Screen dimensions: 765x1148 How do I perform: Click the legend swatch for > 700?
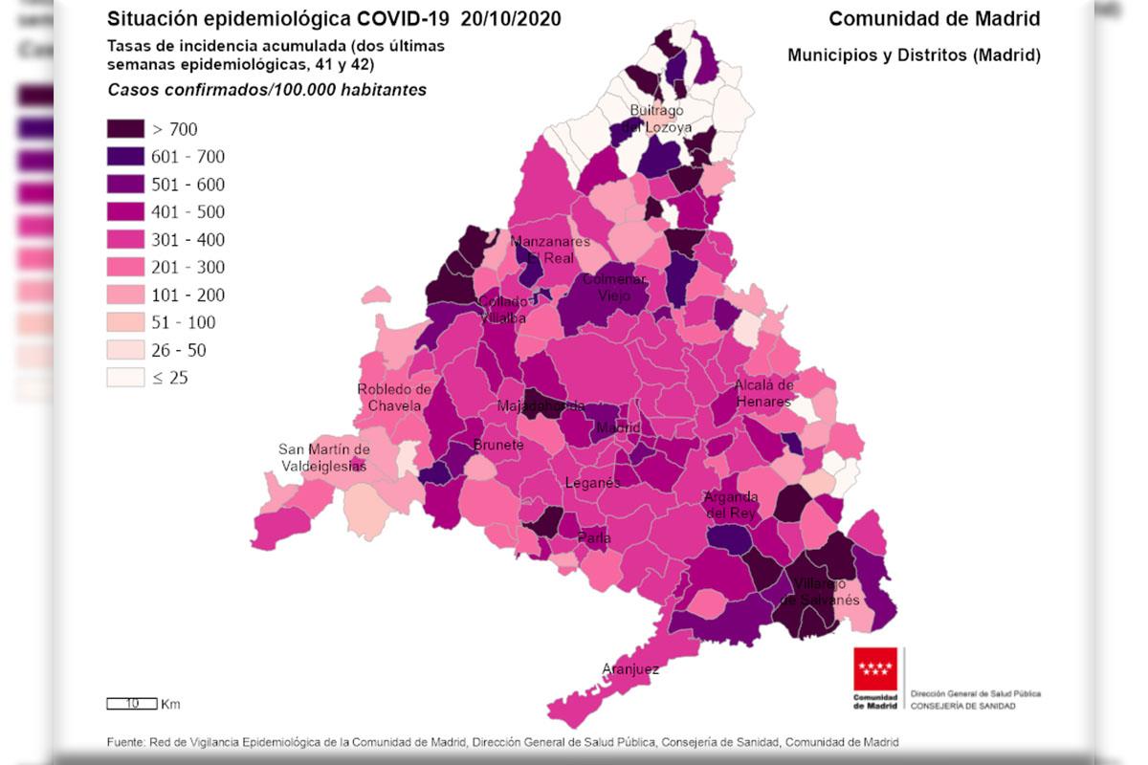click(125, 129)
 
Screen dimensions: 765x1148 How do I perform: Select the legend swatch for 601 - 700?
click(125, 157)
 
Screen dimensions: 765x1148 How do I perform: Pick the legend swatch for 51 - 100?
click(125, 322)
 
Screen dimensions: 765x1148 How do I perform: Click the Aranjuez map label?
click(630, 669)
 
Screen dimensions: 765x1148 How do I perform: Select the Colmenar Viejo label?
click(614, 288)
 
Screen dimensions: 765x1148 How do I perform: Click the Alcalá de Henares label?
click(763, 393)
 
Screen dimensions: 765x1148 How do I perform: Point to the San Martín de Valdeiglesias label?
click(323, 457)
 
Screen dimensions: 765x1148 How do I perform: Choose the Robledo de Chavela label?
click(394, 397)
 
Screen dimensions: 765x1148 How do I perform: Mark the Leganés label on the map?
click(592, 483)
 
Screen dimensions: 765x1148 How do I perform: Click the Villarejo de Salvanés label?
click(821, 591)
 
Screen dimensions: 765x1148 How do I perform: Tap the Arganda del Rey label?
click(731, 504)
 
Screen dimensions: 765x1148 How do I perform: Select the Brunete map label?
click(498, 445)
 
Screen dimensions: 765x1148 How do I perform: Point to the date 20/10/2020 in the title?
click(511, 19)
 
